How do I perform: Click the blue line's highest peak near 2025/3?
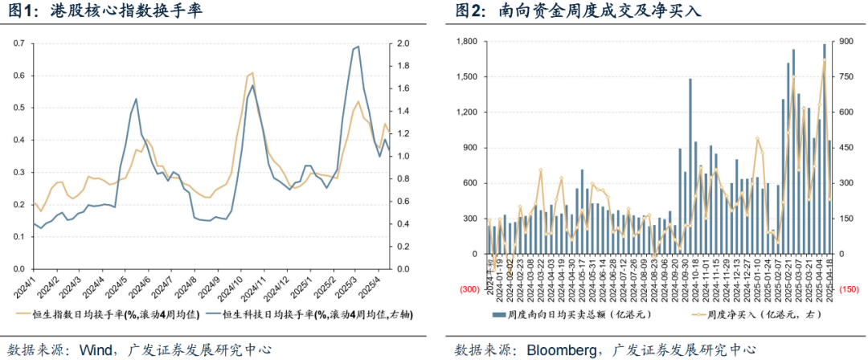point(356,47)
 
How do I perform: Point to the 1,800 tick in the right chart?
point(468,42)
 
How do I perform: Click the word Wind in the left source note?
point(94,350)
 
